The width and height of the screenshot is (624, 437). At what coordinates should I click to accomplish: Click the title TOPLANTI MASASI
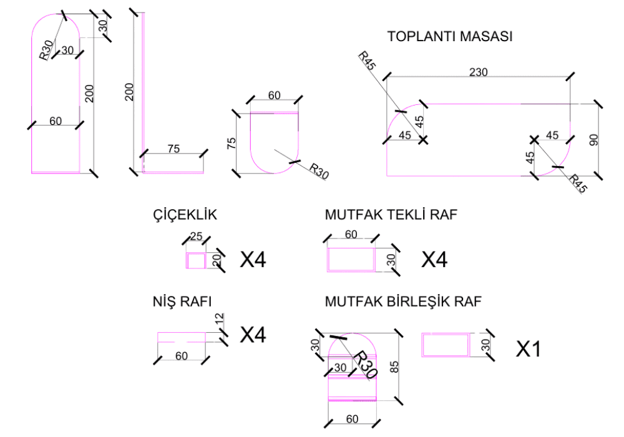click(450, 37)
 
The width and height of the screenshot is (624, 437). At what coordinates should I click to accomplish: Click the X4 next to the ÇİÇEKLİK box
click(253, 260)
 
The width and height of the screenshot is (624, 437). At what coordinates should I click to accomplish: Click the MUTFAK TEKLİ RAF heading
click(391, 215)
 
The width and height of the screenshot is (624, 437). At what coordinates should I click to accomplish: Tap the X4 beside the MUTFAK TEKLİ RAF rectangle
click(434, 260)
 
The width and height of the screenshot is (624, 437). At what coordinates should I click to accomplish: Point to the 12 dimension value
click(218, 319)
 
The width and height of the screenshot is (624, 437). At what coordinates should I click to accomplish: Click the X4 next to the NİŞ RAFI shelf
click(253, 335)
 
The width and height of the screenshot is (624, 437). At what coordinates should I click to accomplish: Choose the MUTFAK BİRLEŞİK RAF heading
click(403, 303)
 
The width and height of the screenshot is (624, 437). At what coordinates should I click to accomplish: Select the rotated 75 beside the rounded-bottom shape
click(232, 144)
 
